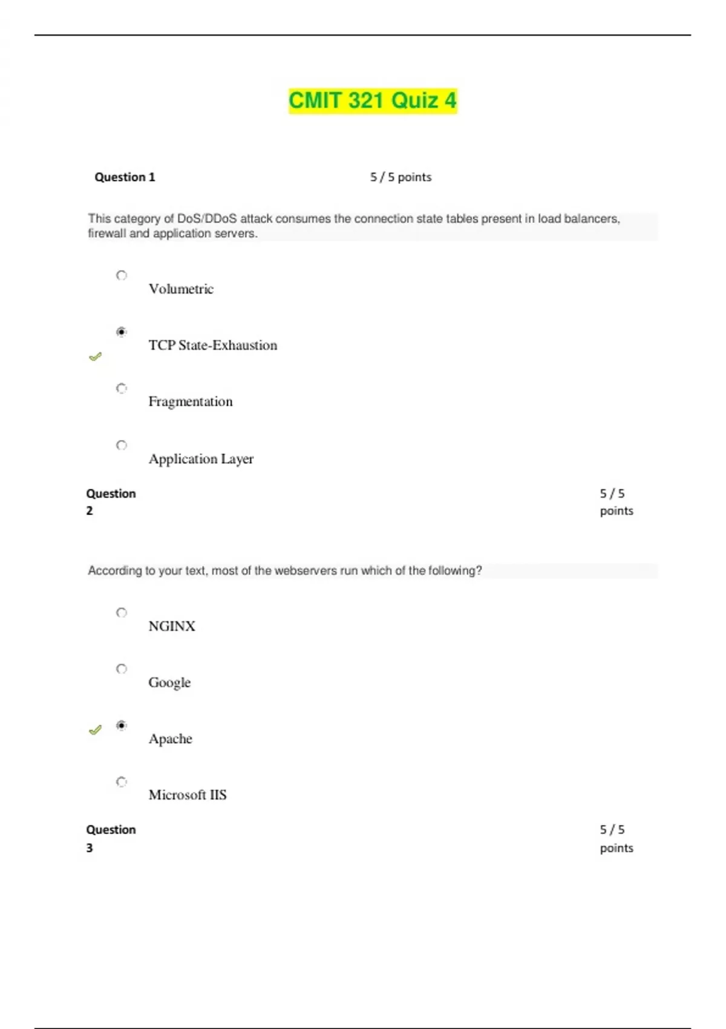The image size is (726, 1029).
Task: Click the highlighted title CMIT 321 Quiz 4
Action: pos(372,100)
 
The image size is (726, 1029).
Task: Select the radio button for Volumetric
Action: pos(122,275)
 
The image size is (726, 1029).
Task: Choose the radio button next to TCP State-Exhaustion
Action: pos(122,332)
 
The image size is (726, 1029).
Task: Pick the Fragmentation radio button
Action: pos(122,388)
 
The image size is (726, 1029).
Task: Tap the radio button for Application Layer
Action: pos(122,445)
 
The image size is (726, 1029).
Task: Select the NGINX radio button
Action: pos(122,613)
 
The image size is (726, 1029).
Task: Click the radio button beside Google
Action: pos(122,669)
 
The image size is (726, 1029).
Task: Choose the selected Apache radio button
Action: pos(122,725)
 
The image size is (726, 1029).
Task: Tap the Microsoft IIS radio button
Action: pos(122,782)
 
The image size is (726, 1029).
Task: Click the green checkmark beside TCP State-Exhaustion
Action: pos(95,357)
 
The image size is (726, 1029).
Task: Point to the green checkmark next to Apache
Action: pos(95,730)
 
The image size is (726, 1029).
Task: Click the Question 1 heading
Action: pos(125,177)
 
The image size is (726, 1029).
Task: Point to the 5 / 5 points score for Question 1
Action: pos(401,177)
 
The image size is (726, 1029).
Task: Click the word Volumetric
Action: pos(181,289)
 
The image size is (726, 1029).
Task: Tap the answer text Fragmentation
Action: pos(191,402)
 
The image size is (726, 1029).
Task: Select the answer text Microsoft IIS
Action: pos(188,795)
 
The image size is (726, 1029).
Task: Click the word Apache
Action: pos(171,739)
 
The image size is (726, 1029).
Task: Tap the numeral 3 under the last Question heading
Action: pos(90,848)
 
